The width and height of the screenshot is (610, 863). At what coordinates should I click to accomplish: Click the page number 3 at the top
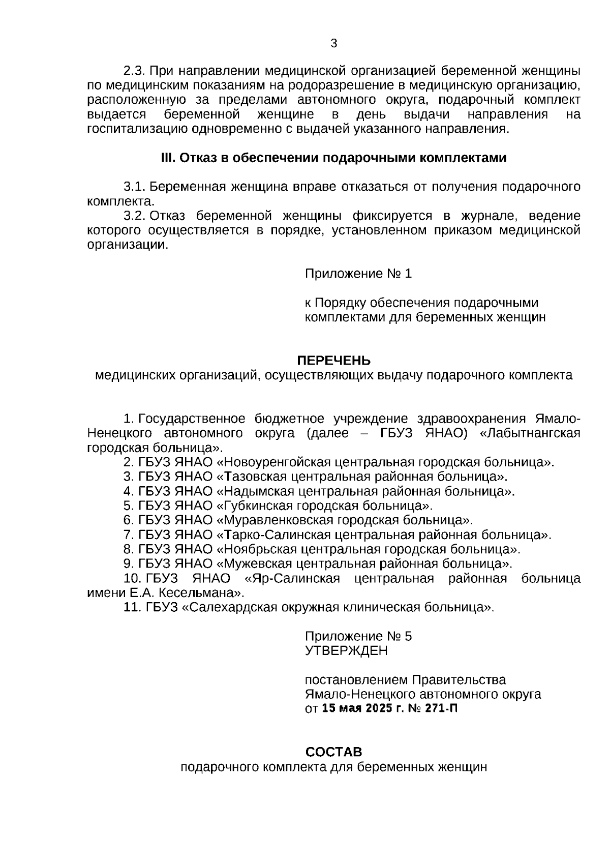(x=334, y=44)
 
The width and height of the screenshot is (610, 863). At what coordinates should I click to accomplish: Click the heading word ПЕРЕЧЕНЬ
(x=333, y=361)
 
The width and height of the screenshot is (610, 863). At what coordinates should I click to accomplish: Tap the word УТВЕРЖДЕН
(x=346, y=651)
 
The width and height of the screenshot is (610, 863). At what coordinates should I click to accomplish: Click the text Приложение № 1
(x=358, y=274)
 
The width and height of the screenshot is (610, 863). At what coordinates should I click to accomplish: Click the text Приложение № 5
(x=358, y=637)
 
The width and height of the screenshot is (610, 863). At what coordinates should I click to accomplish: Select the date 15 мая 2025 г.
(x=358, y=708)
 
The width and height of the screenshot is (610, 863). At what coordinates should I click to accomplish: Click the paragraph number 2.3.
(x=135, y=71)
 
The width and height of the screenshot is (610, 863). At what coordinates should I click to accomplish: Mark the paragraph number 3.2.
(x=135, y=216)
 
